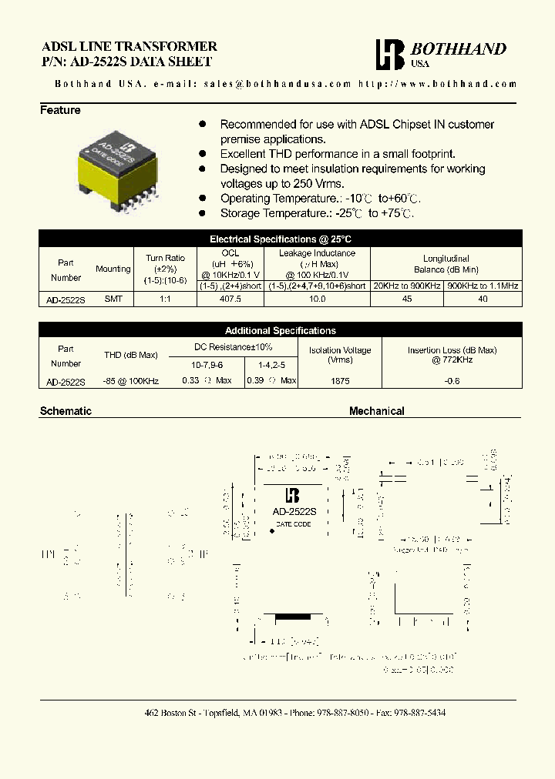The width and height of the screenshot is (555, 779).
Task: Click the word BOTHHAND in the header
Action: pyautogui.click(x=459, y=49)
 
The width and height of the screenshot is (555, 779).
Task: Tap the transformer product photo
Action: pyautogui.click(x=115, y=163)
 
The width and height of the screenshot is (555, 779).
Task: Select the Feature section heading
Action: pyautogui.click(x=60, y=110)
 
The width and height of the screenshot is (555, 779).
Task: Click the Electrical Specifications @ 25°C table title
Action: pyautogui.click(x=281, y=239)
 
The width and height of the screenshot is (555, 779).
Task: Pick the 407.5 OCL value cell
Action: pyautogui.click(x=230, y=299)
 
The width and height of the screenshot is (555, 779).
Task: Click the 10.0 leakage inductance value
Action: pyautogui.click(x=317, y=299)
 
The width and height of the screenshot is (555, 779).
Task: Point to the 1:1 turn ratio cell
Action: pyautogui.click(x=165, y=299)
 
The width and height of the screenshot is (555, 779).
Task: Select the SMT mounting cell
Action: pyautogui.click(x=113, y=299)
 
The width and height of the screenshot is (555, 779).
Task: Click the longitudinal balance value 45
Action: pyautogui.click(x=407, y=299)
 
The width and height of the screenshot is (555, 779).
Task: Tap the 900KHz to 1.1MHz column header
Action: pyautogui.click(x=483, y=286)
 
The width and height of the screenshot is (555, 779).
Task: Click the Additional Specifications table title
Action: pyautogui.click(x=281, y=330)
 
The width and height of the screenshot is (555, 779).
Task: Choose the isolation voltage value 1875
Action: pyautogui.click(x=339, y=380)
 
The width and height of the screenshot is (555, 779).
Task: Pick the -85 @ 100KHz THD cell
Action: pyautogui.click(x=130, y=380)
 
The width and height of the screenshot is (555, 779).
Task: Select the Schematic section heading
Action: pyautogui.click(x=66, y=411)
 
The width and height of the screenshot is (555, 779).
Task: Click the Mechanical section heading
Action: pyautogui.click(x=377, y=411)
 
